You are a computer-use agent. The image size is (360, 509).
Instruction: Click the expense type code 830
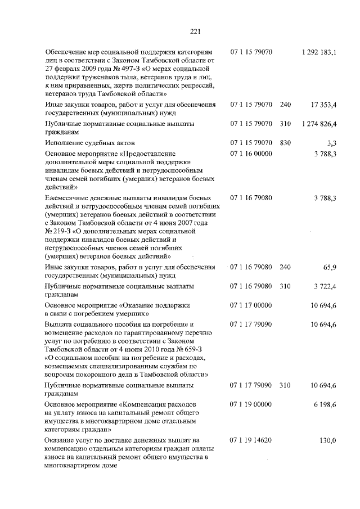(x=285, y=143)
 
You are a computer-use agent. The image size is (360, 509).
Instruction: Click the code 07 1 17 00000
(x=251, y=305)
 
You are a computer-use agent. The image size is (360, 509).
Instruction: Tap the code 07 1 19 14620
(x=251, y=440)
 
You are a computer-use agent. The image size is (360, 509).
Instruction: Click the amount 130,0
(x=327, y=440)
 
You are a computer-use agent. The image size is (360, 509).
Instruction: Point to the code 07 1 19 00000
(x=251, y=404)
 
